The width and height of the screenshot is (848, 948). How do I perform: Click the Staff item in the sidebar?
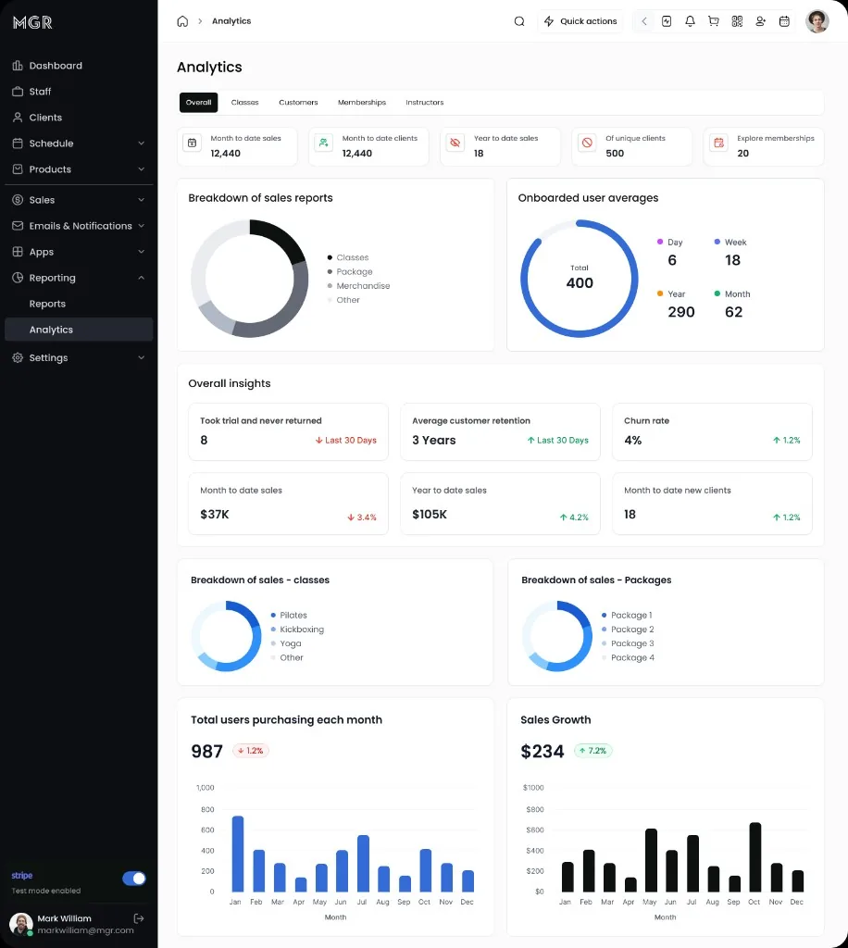(40, 92)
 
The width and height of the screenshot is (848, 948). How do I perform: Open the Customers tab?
(298, 102)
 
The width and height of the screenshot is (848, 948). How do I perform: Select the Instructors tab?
(424, 102)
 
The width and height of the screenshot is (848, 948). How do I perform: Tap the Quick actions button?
(580, 21)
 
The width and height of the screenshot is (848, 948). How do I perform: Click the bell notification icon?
(690, 21)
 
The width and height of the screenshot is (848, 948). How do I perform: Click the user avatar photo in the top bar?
(817, 21)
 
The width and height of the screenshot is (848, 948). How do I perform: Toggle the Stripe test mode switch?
(134, 878)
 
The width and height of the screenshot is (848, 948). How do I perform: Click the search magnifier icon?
(519, 21)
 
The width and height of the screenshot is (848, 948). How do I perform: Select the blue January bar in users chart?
(238, 854)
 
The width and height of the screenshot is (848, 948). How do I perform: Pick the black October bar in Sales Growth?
(754, 856)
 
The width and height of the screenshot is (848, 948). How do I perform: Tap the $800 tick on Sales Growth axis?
(534, 809)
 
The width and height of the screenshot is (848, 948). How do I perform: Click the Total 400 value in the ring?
(580, 282)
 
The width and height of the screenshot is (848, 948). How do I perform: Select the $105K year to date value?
(430, 514)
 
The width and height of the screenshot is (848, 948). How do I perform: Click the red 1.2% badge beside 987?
(251, 750)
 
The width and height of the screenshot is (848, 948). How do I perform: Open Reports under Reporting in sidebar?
(47, 304)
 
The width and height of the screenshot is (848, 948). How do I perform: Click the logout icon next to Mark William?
(139, 918)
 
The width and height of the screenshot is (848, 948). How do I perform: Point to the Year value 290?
(681, 312)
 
